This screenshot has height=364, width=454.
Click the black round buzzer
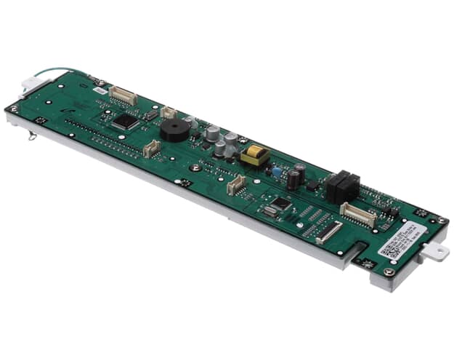pos(174,132)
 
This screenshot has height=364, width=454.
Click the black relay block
pos(341,187)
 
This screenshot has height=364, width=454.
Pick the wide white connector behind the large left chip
pos(123,95)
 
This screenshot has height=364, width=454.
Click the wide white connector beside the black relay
pos(358,215)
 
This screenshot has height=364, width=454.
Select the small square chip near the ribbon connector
pos(281,205)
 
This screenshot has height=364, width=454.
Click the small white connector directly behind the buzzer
pos(169,112)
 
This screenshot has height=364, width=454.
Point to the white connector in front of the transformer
pos(236,185)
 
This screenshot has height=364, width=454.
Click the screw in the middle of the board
pos(195,168)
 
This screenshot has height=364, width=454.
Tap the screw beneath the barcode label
pos(389,272)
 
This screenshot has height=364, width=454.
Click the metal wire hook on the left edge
pos(32,136)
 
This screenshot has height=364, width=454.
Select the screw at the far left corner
pos(13,108)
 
